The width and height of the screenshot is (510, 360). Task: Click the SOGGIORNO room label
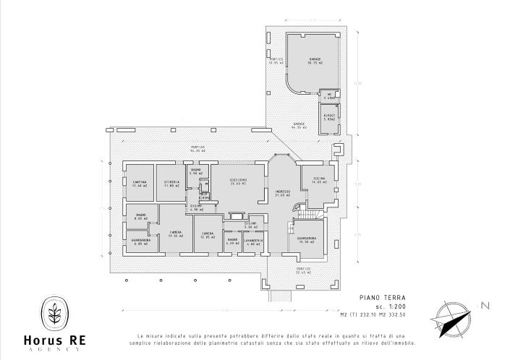pos(239,179)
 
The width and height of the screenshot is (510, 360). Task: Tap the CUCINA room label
pos(319,179)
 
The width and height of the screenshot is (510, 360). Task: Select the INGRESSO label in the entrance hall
pos(282,192)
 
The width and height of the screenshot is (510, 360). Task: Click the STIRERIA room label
pos(171,181)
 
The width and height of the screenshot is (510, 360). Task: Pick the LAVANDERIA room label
pos(252,240)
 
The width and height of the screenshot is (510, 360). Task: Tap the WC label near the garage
pos(328,93)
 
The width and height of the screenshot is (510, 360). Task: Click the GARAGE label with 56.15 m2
pos(315,60)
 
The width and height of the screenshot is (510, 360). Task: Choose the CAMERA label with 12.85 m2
pos(208,233)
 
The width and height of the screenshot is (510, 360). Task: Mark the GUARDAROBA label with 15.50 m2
pos(307,239)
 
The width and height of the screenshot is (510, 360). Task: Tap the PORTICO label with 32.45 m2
pos(304,270)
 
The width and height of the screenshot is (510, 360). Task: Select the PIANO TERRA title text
pos(383,297)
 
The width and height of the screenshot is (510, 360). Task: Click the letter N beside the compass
pos(485,306)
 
